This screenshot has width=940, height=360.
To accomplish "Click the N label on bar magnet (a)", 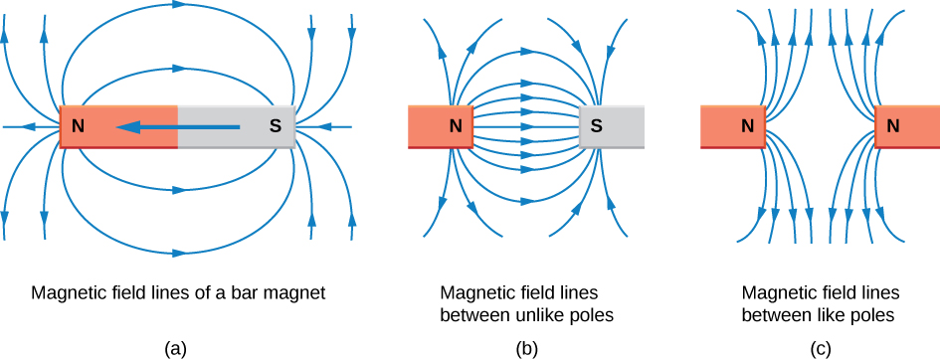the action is [x=78, y=126].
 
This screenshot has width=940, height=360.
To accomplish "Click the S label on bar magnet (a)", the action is [x=274, y=126].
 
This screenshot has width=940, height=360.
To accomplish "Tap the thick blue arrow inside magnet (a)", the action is [x=177, y=126].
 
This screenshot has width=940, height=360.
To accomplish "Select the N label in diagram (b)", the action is [x=457, y=125].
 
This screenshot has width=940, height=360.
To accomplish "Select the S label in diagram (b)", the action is [x=596, y=125].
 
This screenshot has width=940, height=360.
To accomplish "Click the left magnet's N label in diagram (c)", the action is [x=747, y=125].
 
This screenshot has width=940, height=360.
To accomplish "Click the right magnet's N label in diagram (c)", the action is [x=893, y=125].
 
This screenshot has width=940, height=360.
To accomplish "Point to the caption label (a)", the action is [x=177, y=349].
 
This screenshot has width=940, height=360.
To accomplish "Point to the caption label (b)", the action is [x=526, y=349].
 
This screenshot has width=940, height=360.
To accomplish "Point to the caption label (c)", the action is [x=820, y=349].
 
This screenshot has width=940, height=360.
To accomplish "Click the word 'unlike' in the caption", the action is [x=529, y=315].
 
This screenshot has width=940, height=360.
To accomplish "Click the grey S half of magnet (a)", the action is [x=236, y=126].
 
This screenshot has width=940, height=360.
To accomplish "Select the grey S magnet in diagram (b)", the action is [x=612, y=125].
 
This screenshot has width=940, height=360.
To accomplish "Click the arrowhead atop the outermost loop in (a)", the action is [x=178, y=5].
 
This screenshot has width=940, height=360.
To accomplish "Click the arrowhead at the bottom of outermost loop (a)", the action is [x=179, y=253].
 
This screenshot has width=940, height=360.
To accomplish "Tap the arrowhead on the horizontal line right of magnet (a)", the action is [x=325, y=127].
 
